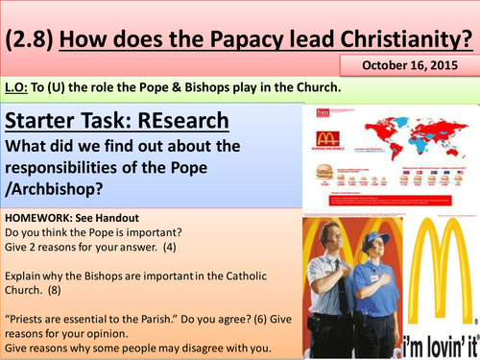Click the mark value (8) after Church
[x=59, y=287]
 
